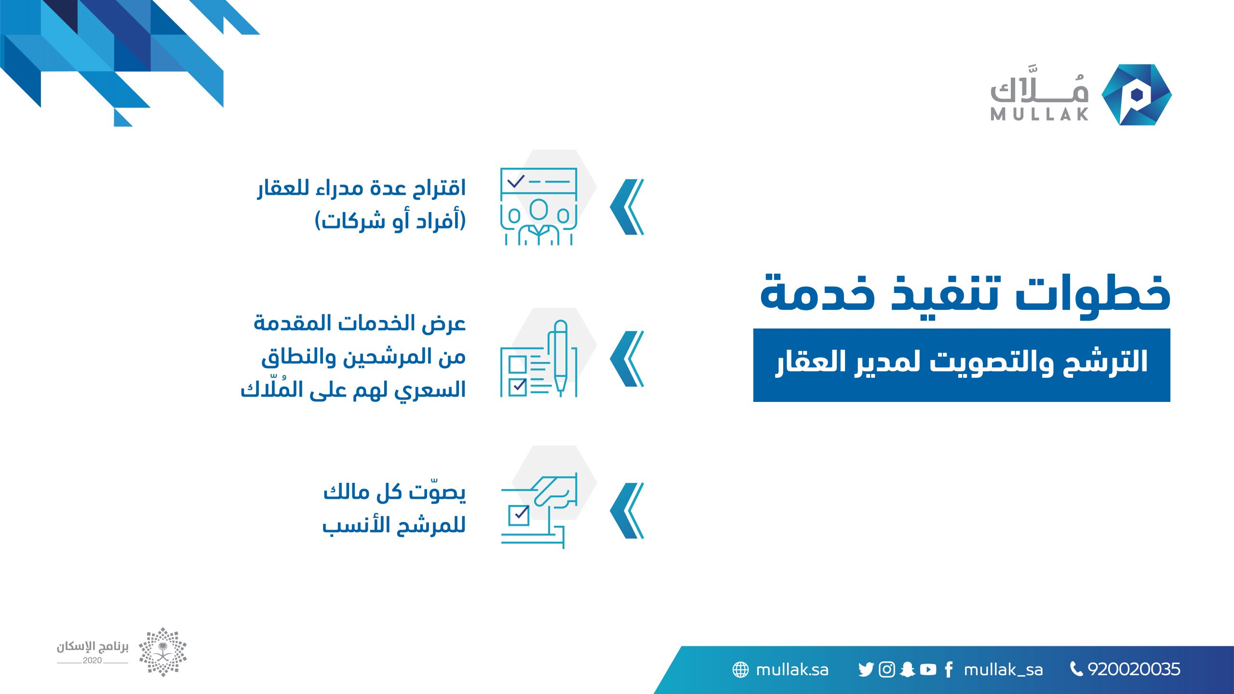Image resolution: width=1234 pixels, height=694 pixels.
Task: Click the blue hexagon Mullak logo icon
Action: click(x=1137, y=94)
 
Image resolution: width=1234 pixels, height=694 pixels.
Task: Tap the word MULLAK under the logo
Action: click(x=1039, y=114)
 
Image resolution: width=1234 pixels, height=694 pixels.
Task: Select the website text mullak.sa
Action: click(x=792, y=669)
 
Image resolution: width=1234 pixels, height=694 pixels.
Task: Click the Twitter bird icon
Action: click(x=866, y=669)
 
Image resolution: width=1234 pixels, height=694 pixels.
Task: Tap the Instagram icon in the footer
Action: click(x=887, y=669)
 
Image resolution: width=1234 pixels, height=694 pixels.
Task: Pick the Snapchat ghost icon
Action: click(x=907, y=669)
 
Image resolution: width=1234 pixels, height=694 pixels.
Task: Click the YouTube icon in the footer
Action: click(x=928, y=669)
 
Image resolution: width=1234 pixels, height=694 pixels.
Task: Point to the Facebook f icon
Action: click(x=949, y=669)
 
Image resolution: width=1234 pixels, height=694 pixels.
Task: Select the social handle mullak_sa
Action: click(x=1003, y=670)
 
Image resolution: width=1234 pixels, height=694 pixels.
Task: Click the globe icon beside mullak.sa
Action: click(x=740, y=669)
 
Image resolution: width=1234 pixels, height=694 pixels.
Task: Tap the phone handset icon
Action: click(x=1076, y=669)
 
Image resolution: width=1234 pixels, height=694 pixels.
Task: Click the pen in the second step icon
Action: click(x=560, y=358)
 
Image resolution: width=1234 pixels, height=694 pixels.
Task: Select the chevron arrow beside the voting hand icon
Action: click(x=627, y=510)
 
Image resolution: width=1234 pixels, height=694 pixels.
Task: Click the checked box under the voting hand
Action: click(x=519, y=515)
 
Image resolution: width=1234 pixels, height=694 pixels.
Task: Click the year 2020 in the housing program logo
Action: click(x=92, y=660)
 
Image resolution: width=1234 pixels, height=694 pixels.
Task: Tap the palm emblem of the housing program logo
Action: click(x=163, y=652)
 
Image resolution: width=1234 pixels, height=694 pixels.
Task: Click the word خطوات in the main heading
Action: click(x=1093, y=294)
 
